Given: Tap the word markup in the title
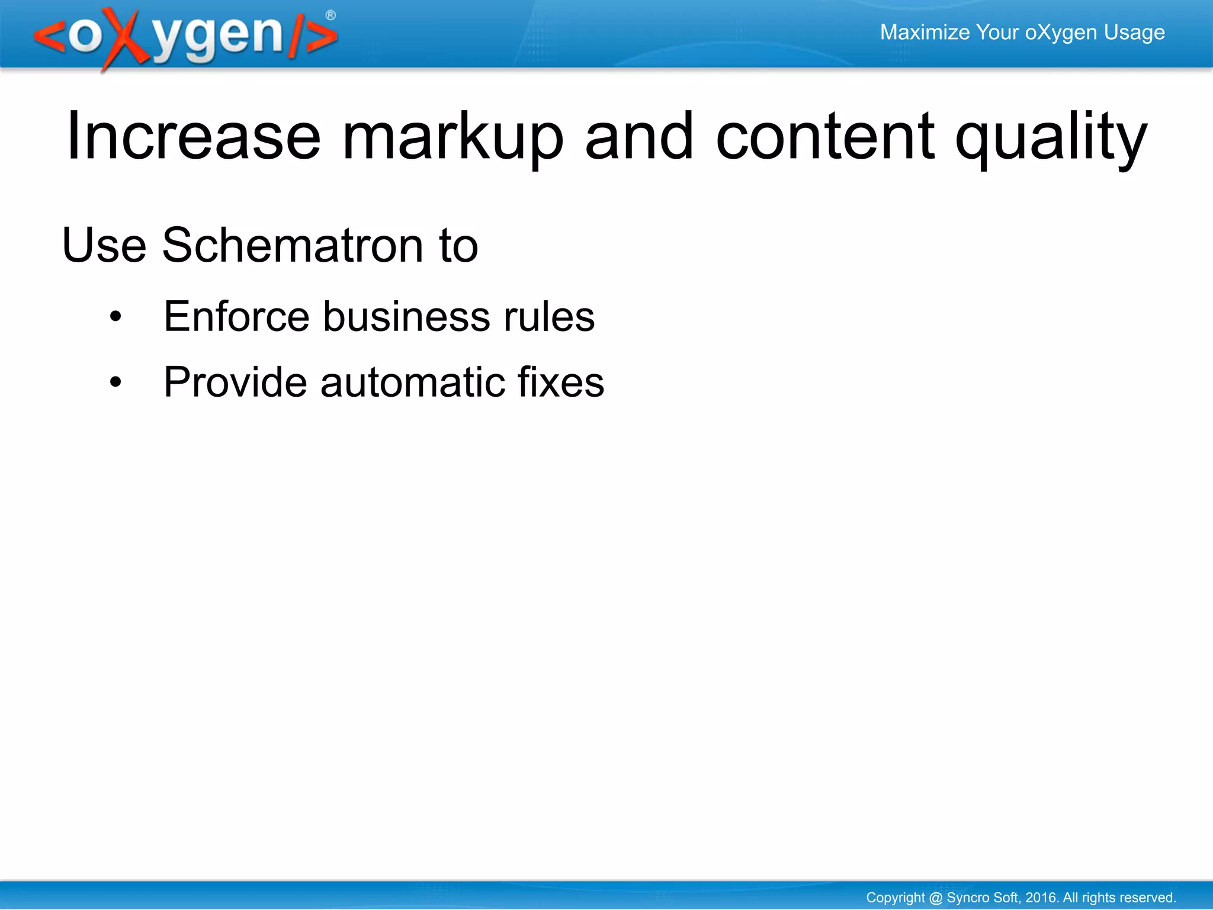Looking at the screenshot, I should click(x=453, y=137).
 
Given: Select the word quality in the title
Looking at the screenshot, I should click(x=1051, y=137).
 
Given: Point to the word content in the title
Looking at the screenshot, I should click(x=825, y=137).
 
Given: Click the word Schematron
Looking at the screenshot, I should click(x=293, y=245).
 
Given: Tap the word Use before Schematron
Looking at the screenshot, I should click(x=104, y=245).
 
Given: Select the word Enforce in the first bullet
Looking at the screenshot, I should click(x=236, y=317).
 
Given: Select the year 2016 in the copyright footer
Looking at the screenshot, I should click(x=1041, y=898).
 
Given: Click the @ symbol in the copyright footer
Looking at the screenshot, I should click(x=936, y=898).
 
